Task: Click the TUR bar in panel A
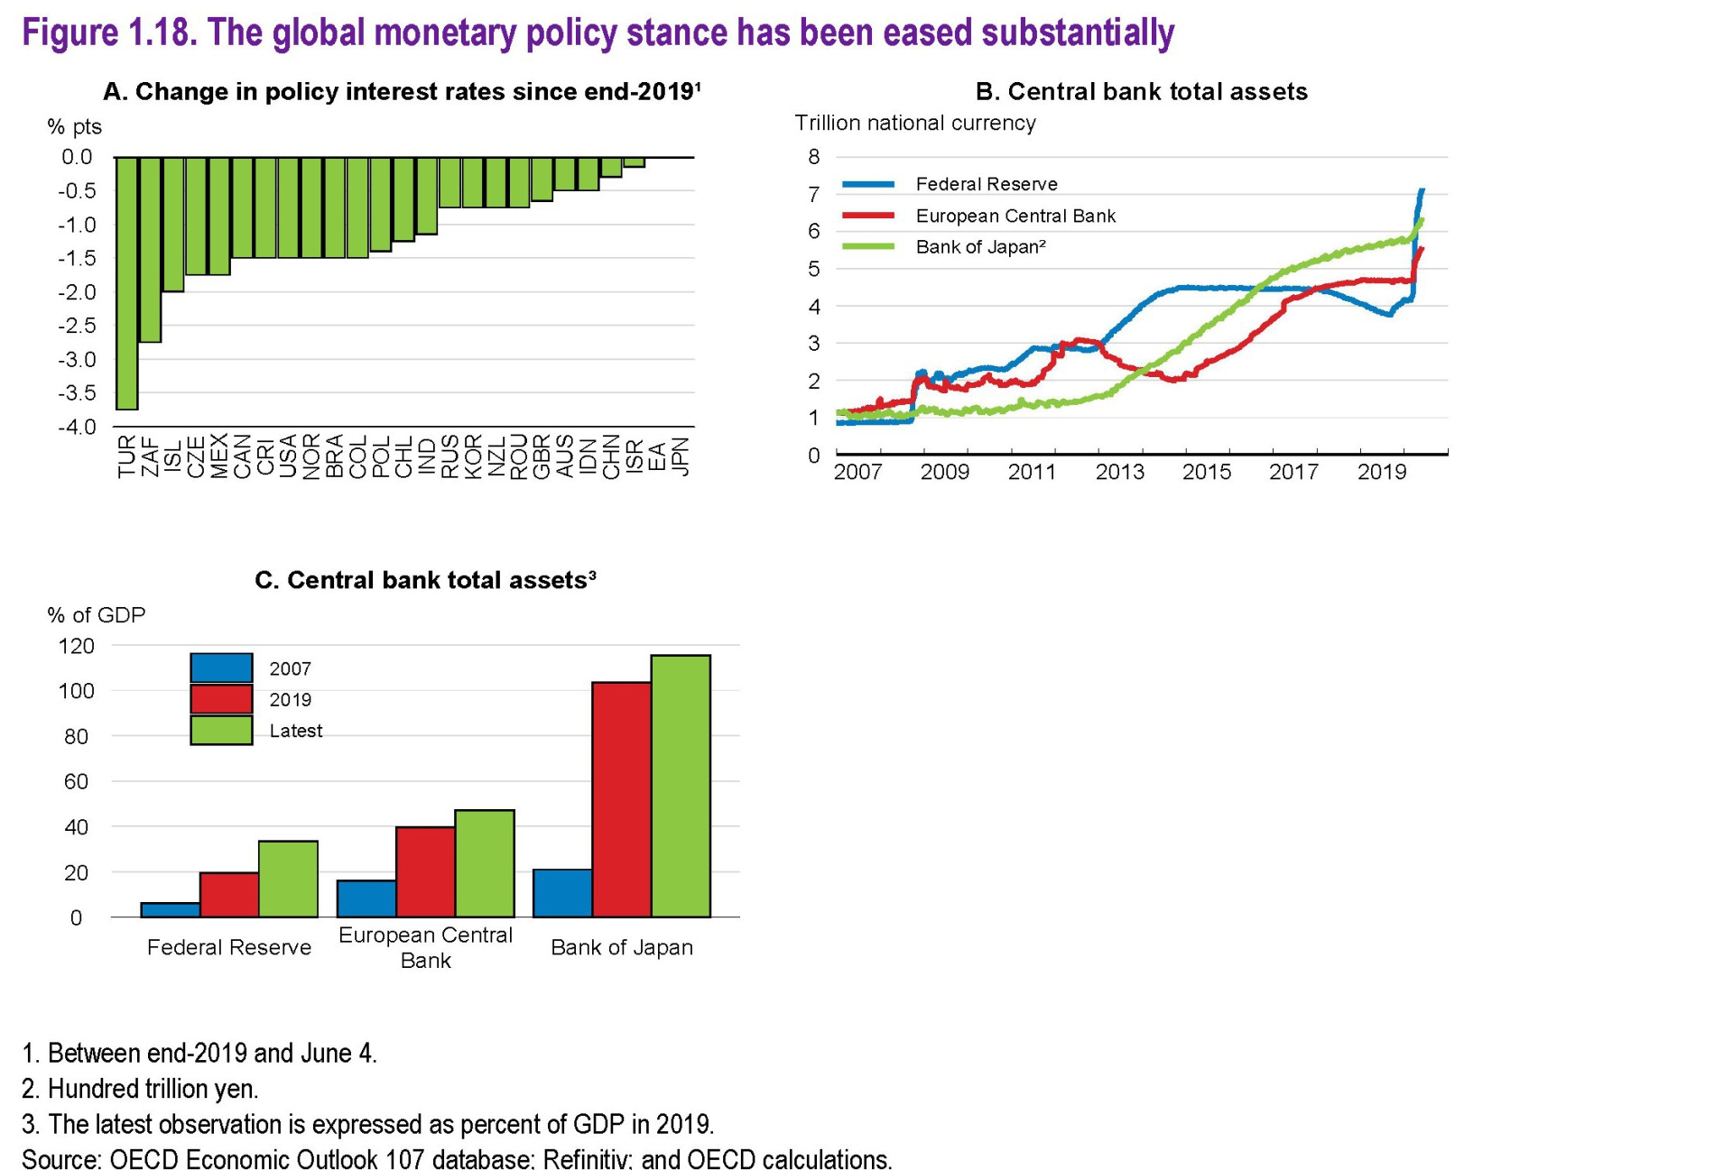tap(127, 283)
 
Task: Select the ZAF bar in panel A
tap(150, 250)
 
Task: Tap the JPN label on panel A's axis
tap(681, 456)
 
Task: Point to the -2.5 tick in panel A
tap(77, 326)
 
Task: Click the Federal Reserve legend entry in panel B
tap(986, 184)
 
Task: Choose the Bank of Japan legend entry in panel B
tap(979, 247)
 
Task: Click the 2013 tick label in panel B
tap(1119, 472)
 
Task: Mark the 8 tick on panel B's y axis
tap(813, 157)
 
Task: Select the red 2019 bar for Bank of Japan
tap(621, 799)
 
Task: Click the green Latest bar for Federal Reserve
tap(288, 879)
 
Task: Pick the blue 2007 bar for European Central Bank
tap(366, 898)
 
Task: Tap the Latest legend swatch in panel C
tap(221, 731)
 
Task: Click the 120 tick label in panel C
tap(76, 646)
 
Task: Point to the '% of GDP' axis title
tap(96, 615)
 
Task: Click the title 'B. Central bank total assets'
tap(1141, 92)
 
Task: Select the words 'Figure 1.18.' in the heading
tap(109, 33)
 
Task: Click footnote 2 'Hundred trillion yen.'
tap(140, 1089)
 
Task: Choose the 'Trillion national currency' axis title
tap(914, 124)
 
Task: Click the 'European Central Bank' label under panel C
tap(425, 947)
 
